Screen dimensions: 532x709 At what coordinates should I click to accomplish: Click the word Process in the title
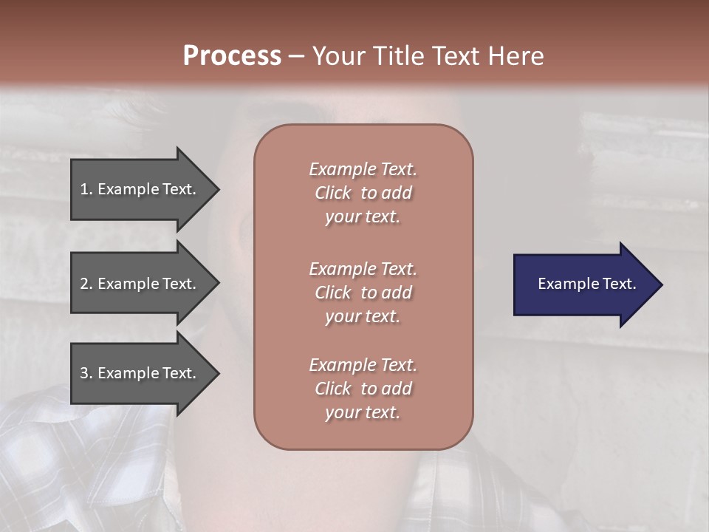[x=232, y=56]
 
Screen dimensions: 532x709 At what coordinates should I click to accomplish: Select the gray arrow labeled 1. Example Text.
[x=140, y=189]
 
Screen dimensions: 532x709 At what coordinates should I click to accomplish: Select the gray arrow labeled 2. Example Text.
[x=140, y=284]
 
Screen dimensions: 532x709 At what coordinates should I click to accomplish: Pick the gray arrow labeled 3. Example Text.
[x=140, y=373]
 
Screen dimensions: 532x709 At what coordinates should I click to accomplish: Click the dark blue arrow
[x=583, y=284]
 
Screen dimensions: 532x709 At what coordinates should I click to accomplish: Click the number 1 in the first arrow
[x=85, y=189]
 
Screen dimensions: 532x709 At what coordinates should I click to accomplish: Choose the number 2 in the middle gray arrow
[x=85, y=284]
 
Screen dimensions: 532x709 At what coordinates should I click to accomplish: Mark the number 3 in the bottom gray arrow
[x=85, y=373]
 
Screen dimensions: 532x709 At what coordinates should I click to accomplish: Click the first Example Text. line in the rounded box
[x=363, y=169]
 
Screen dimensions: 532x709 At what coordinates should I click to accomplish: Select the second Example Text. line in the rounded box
[x=363, y=269]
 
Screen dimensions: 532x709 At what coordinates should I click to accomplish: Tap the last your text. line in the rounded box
[x=363, y=413]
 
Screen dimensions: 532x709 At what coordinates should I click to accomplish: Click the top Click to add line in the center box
[x=363, y=193]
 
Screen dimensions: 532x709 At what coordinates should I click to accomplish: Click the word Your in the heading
[x=336, y=56]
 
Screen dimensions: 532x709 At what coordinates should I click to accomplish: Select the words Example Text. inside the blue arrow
[x=586, y=284]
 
